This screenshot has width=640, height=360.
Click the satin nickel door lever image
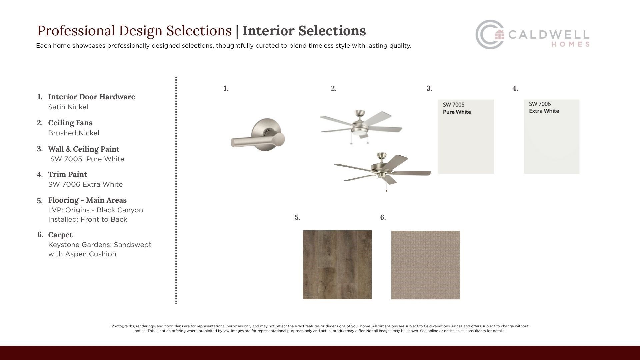click(x=258, y=133)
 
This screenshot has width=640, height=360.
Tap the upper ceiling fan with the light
click(x=361, y=126)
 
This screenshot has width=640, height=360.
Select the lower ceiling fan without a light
click(x=383, y=171)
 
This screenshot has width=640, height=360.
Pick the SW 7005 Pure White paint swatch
click(x=466, y=136)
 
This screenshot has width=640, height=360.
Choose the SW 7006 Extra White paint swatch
click(x=551, y=136)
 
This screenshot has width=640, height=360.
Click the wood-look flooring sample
click(x=337, y=265)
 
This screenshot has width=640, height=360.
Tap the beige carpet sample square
click(x=425, y=265)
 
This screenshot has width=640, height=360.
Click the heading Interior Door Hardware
click(x=92, y=97)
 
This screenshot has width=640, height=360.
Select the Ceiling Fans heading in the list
click(x=70, y=123)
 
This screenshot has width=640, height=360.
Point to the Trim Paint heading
click(x=67, y=174)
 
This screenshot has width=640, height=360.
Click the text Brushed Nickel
click(x=74, y=133)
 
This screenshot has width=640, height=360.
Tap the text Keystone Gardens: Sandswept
click(x=100, y=245)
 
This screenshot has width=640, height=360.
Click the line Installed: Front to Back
click(x=88, y=219)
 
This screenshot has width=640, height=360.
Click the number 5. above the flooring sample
click(x=297, y=217)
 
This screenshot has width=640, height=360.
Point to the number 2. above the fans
click(x=334, y=88)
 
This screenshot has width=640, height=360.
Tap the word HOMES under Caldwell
click(x=570, y=44)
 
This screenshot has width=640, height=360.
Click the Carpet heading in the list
click(x=60, y=235)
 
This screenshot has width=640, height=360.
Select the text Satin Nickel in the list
click(x=68, y=107)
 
